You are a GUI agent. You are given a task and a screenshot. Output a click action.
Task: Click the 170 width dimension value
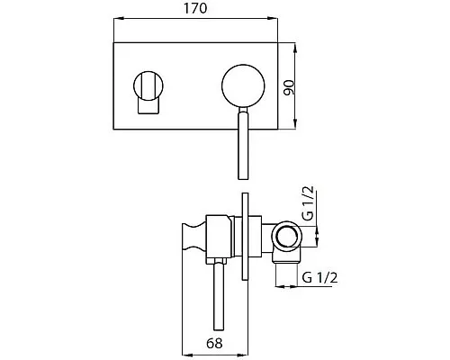[195, 8]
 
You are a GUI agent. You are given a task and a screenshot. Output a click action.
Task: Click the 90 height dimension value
[290, 87]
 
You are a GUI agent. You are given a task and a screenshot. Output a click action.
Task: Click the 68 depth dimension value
[214, 343]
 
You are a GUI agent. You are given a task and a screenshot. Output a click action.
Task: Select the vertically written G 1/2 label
[308, 202]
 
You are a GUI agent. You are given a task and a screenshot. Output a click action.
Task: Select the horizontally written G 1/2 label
[319, 277]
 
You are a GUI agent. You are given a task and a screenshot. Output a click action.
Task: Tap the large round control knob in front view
[243, 86]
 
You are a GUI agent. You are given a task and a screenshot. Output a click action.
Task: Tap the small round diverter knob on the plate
[148, 85]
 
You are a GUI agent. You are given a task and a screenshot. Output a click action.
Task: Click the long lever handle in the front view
[243, 143]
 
